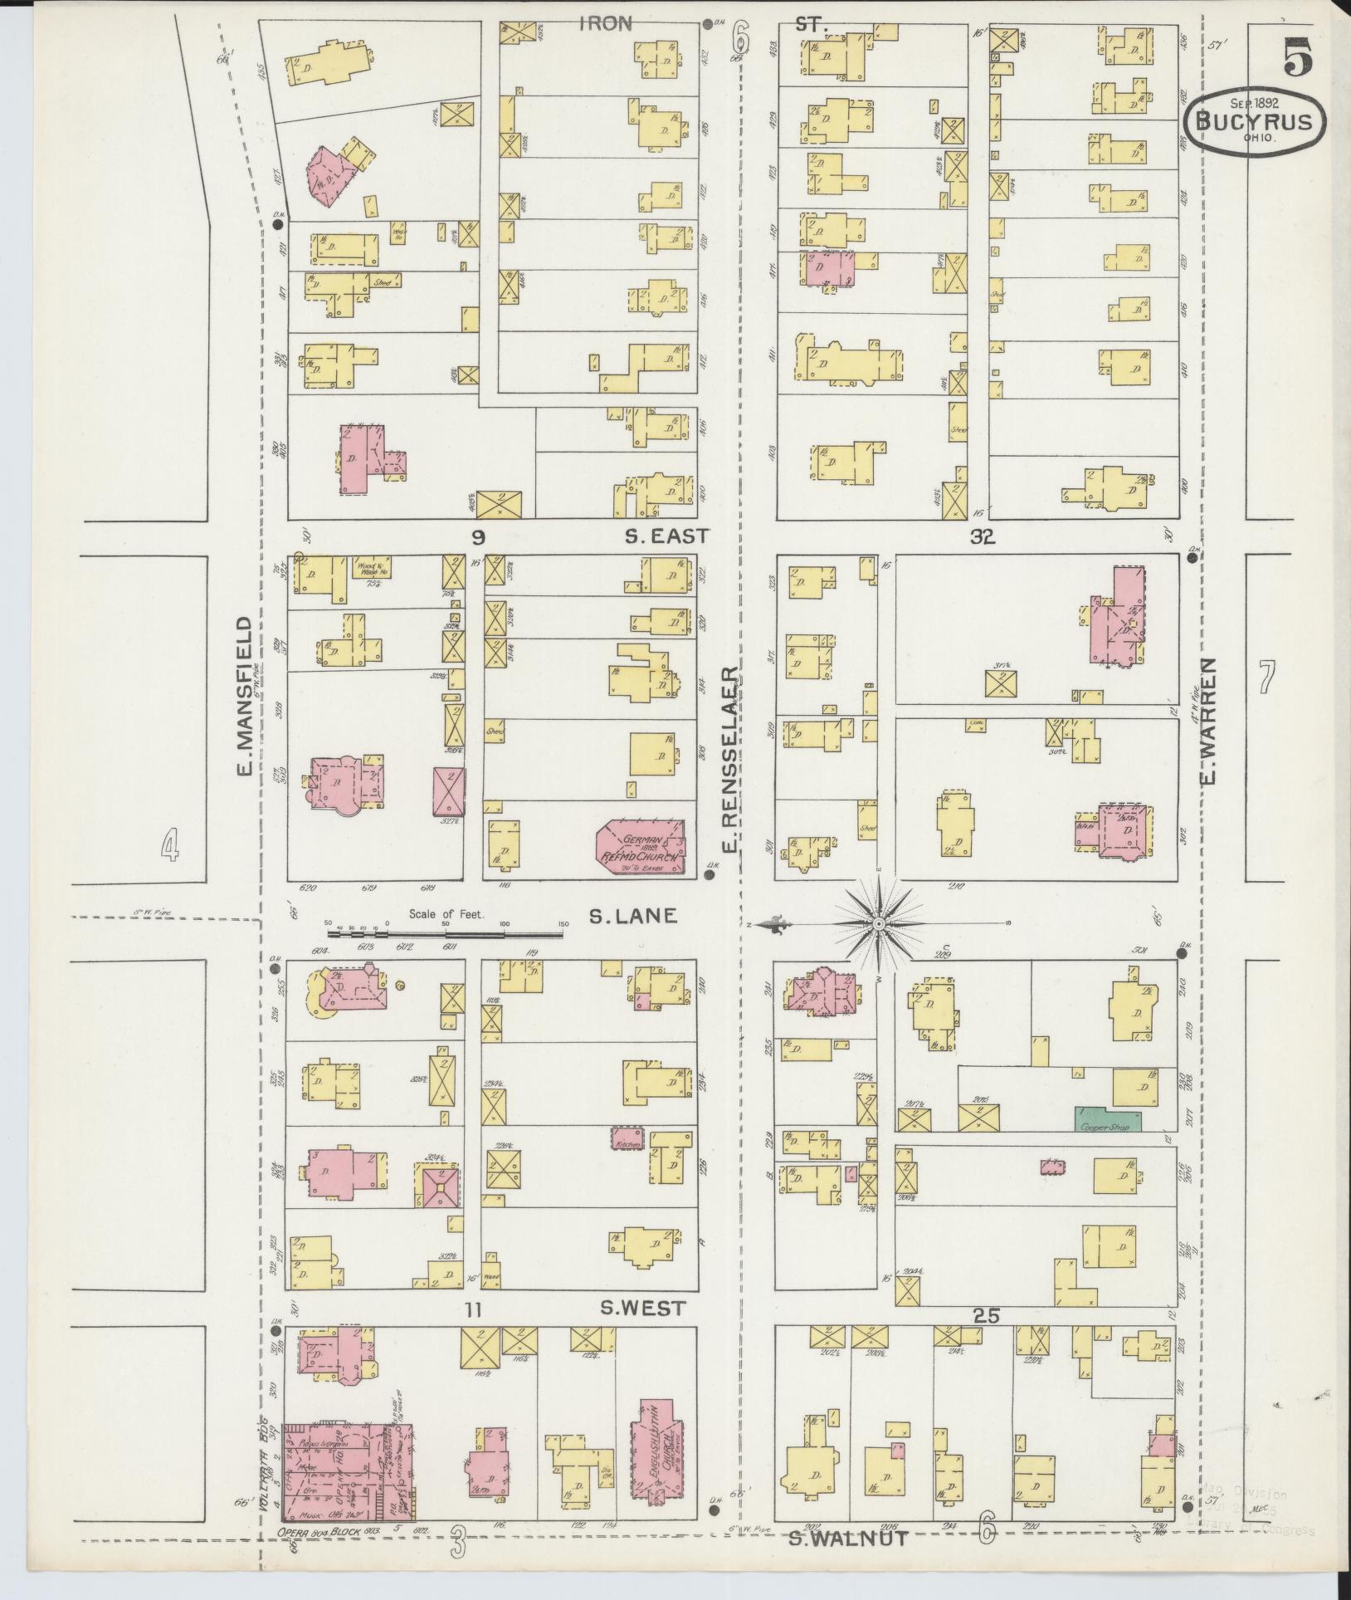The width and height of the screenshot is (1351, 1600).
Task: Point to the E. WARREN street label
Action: coord(1208,721)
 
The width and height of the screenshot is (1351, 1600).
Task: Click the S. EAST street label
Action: coord(666,536)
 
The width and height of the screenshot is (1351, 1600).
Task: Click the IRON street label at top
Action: coord(606,24)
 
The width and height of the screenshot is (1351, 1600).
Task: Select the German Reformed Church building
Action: coord(642,847)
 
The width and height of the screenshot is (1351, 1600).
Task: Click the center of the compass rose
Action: coord(877,923)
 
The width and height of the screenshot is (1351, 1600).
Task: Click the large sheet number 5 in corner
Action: coord(1299,57)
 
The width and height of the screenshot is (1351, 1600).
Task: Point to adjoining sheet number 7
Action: coord(1266,677)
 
